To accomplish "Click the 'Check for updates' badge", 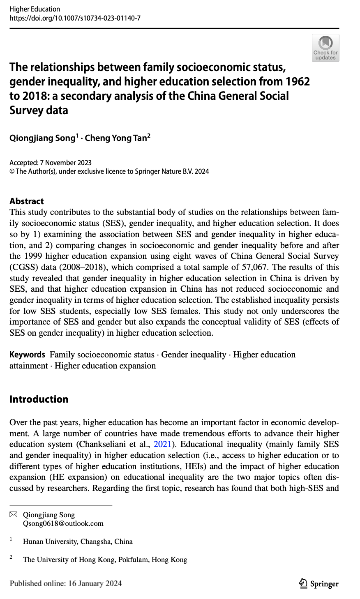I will click(325, 48).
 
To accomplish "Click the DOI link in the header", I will click(75, 18).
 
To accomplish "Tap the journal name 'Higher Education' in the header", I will click(35, 9).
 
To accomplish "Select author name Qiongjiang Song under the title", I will click(42, 138).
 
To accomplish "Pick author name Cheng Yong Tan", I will click(117, 138).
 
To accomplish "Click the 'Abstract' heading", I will click(26, 201).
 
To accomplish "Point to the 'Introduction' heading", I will click(39, 399).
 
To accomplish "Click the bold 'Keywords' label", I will click(27, 355).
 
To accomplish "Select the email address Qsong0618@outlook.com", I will click(63, 523).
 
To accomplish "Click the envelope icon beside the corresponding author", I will click(14, 514).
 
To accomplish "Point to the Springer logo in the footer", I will click(319, 584).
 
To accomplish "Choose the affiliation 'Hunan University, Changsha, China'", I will click(78, 541).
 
